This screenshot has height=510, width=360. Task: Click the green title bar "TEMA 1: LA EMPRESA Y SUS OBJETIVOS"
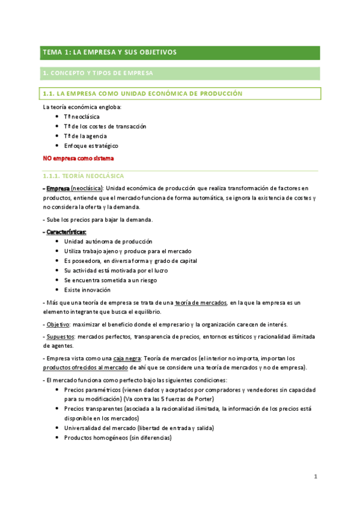click(x=109, y=52)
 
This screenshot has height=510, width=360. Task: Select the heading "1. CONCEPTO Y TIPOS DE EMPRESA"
click(x=98, y=73)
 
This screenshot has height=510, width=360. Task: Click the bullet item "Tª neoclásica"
click(x=82, y=117)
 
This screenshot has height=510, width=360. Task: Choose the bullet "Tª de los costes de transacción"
click(x=105, y=126)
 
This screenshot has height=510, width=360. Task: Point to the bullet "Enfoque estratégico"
click(x=91, y=146)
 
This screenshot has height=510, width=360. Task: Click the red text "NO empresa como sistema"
click(x=78, y=159)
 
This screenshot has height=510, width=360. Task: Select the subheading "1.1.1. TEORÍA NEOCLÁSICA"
click(x=83, y=176)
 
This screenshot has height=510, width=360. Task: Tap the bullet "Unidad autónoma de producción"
click(x=108, y=241)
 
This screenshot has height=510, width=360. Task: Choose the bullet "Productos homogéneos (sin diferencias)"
click(x=117, y=438)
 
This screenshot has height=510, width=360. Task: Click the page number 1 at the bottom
click(x=315, y=477)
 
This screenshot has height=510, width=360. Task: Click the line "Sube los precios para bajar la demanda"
click(x=96, y=219)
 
